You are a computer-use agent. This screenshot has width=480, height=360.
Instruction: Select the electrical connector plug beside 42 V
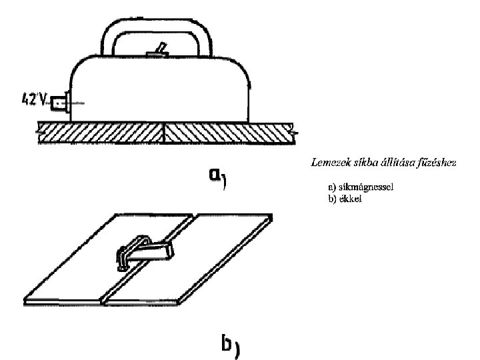[60, 104]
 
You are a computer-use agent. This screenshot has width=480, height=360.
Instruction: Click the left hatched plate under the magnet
[100, 133]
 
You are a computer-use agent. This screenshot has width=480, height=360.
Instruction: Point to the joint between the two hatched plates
[163, 133]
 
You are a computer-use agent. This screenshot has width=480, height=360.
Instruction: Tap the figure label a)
[215, 177]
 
